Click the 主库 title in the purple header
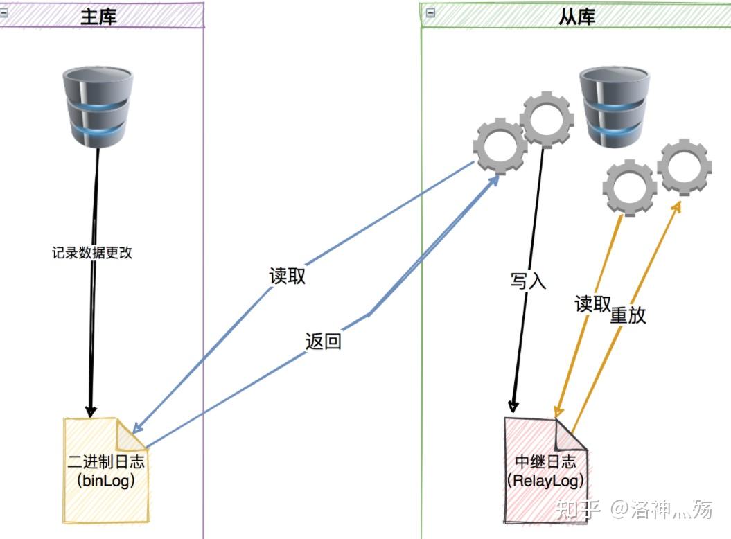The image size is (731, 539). [x=98, y=16]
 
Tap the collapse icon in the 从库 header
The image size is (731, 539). [x=430, y=12]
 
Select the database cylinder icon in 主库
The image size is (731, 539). [x=98, y=107]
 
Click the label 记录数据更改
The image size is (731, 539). [x=91, y=253]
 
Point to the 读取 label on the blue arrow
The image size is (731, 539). [x=287, y=276]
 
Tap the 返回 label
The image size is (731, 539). [x=323, y=342]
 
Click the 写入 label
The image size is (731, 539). [x=528, y=281]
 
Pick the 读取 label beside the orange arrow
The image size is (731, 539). [x=592, y=304]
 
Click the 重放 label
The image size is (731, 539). [x=628, y=315]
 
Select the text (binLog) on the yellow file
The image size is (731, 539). [x=105, y=480]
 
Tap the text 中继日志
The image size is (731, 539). [x=545, y=462]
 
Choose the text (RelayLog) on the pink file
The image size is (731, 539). [x=545, y=479]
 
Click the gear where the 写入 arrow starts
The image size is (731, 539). [x=547, y=119]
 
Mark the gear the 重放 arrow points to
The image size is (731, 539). [x=684, y=167]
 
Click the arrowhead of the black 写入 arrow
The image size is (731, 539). [x=513, y=407]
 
